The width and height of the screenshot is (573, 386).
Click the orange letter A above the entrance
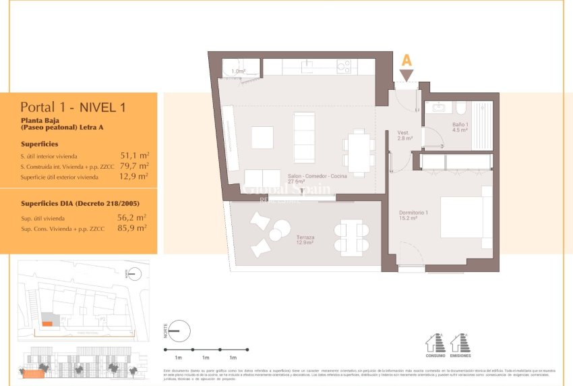[406, 59]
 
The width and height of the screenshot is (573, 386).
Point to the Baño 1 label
[461, 127]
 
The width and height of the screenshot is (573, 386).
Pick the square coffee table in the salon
[262, 137]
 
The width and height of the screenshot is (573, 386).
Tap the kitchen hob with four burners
[344, 66]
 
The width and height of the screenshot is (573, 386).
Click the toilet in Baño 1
[460, 109]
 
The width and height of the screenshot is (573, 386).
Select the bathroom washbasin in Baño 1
[439, 107]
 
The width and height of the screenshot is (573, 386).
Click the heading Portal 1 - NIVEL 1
[73, 107]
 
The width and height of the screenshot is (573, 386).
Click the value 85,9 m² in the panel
[132, 228]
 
